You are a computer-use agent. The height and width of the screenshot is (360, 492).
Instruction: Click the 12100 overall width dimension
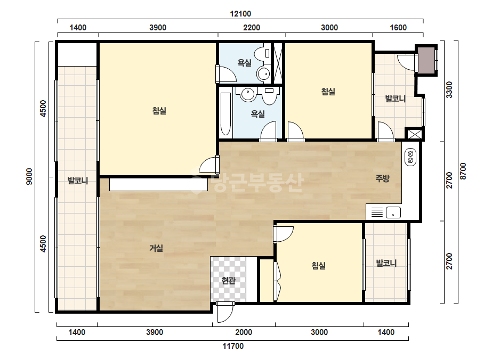[240, 14]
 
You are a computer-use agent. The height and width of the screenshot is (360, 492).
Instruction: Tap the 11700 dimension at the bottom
[233, 346]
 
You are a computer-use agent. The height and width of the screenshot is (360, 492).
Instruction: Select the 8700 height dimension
[463, 171]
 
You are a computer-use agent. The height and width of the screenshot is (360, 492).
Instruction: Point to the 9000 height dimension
[29, 177]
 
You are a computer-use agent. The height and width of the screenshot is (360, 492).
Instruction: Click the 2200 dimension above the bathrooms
[252, 28]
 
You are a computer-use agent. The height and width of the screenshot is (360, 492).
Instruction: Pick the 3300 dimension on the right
[449, 89]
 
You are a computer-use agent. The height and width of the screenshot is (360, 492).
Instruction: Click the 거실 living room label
[156, 248]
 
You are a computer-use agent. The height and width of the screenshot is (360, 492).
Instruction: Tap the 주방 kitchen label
[383, 178]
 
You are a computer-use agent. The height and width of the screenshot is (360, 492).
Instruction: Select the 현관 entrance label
[228, 280]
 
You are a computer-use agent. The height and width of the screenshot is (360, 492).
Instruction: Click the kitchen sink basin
[393, 212]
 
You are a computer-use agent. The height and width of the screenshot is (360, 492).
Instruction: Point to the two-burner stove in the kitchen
[410, 157]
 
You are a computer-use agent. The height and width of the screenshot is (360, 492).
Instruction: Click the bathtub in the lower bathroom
[225, 114]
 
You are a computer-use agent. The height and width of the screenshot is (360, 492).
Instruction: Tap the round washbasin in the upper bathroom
[263, 74]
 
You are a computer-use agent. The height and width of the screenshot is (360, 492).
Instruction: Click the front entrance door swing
[225, 313]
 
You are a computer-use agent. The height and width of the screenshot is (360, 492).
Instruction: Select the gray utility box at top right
[426, 60]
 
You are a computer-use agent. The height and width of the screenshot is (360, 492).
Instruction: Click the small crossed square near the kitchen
[414, 134]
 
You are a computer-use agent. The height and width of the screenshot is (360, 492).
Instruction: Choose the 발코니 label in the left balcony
[78, 181]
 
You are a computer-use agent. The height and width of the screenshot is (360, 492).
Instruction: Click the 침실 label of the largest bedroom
[159, 111]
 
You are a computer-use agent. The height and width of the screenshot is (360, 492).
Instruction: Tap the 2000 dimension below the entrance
[244, 332]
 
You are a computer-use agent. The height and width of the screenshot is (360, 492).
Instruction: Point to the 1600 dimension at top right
[398, 28]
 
